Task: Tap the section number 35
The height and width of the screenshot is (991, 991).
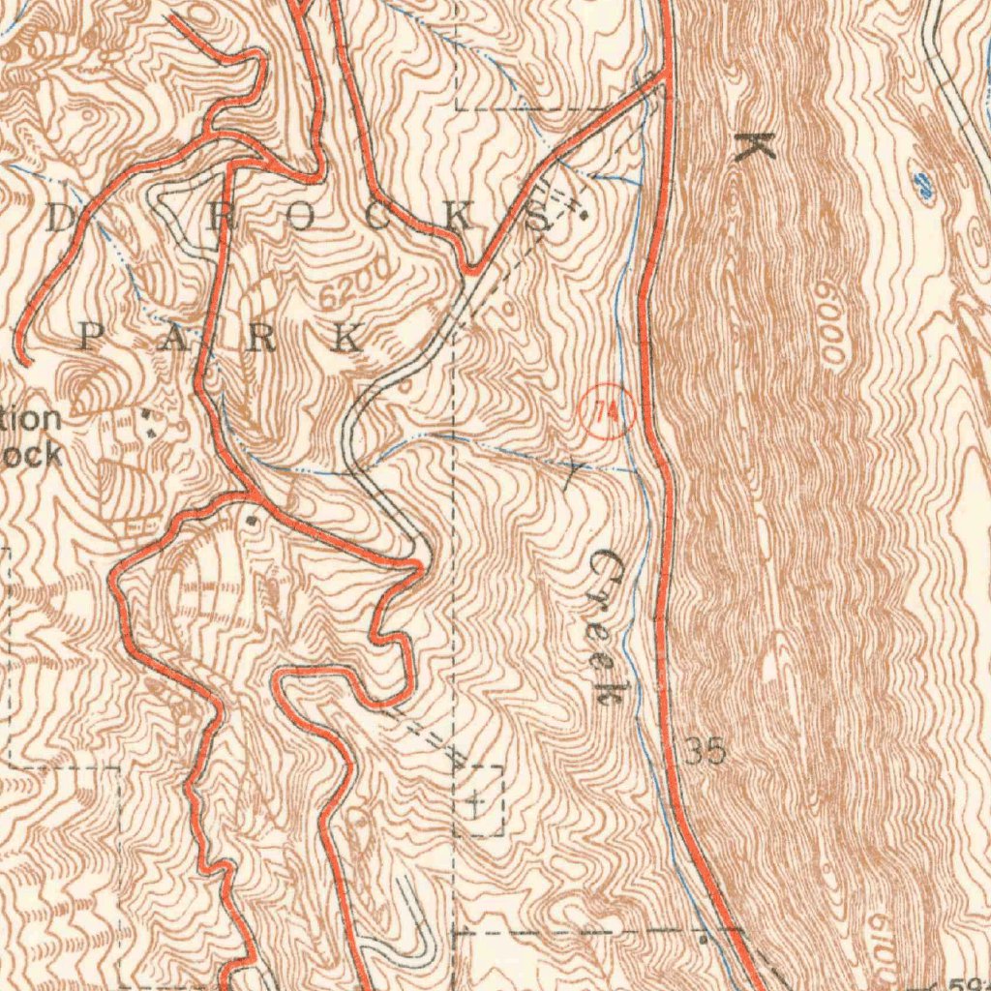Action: tap(706, 751)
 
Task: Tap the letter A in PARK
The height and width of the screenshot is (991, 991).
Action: tap(175, 339)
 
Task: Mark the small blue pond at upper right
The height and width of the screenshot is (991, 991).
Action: tap(924, 186)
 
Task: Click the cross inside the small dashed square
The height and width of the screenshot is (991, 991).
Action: tap(476, 802)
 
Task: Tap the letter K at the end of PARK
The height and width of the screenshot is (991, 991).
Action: tap(345, 339)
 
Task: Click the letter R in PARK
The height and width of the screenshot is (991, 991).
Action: tap(260, 339)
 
